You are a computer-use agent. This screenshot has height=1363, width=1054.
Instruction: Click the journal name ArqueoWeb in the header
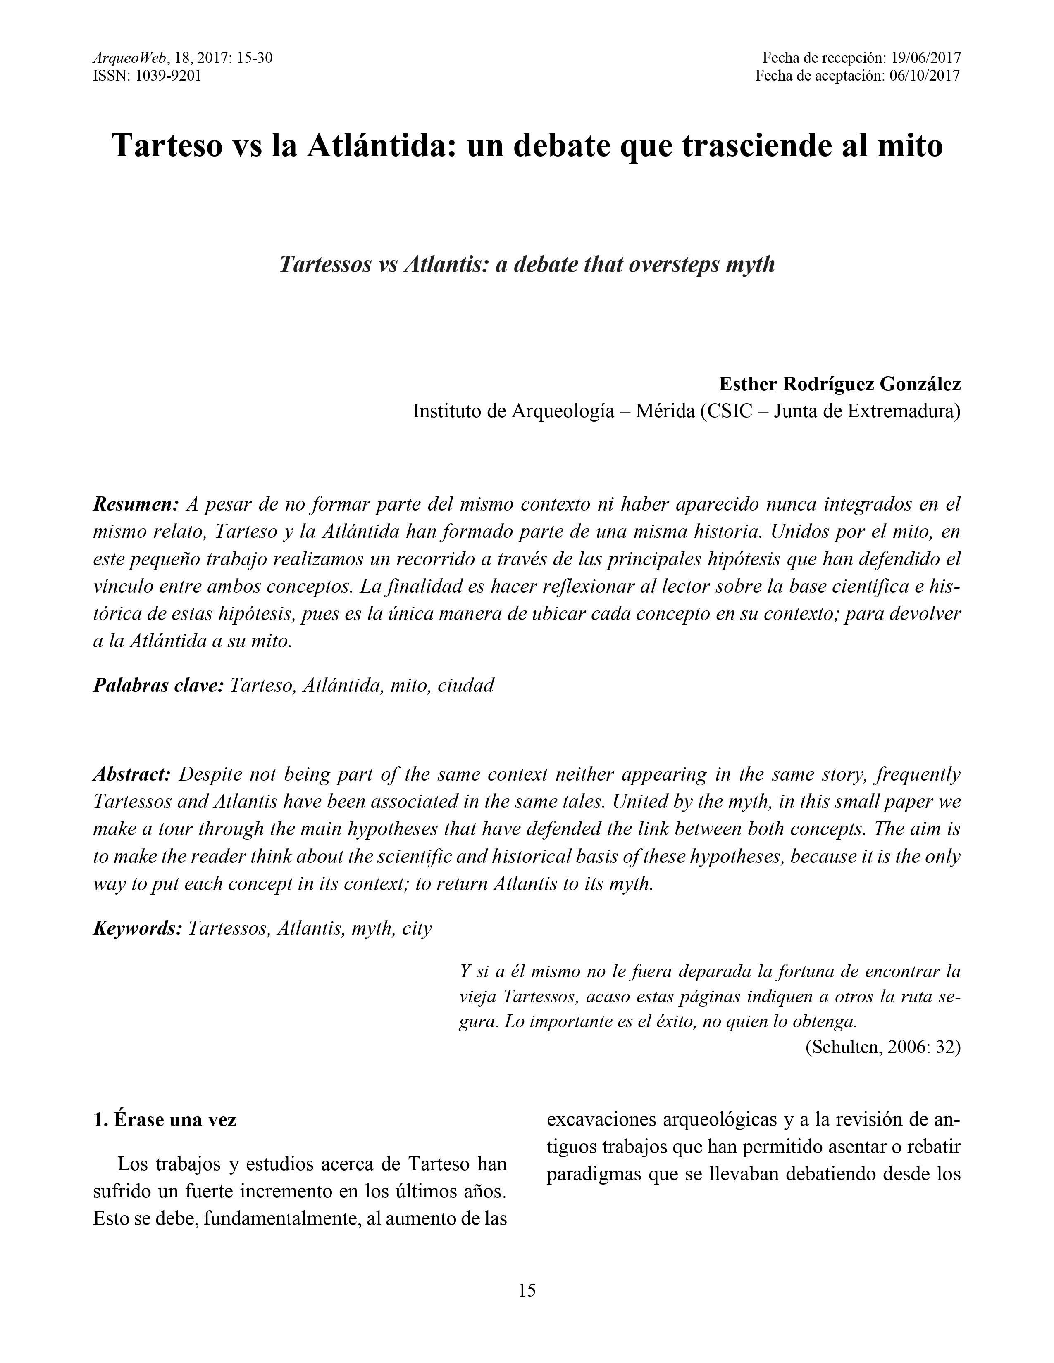[x=130, y=59]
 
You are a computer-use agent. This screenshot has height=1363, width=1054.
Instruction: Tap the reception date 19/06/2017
[x=925, y=59]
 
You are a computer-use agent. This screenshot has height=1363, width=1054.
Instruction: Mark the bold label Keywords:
[x=137, y=928]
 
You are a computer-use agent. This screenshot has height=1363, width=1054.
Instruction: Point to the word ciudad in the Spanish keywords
[x=466, y=685]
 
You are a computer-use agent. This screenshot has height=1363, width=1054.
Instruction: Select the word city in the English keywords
[x=417, y=928]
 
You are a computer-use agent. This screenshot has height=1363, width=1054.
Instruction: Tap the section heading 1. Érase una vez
[x=165, y=1120]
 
